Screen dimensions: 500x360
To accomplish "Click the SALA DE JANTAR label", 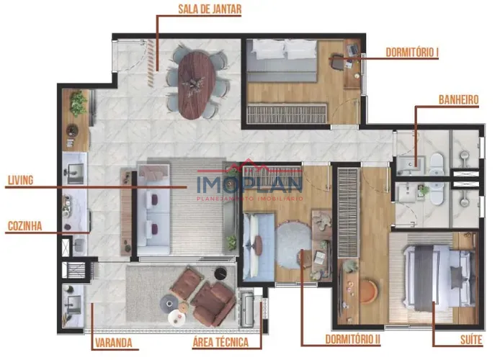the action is [210, 9].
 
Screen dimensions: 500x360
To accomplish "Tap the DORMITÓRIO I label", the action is [412, 53].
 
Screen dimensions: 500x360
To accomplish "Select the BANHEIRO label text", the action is [458, 99].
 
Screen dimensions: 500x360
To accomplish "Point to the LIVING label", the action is [20, 180].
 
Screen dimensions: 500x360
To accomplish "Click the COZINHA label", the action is [25, 226].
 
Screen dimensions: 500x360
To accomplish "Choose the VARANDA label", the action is [114, 343].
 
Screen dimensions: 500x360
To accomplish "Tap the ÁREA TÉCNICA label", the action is [220, 342].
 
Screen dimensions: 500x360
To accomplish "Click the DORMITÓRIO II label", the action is [353, 339].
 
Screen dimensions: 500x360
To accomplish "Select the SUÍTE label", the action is [471, 340].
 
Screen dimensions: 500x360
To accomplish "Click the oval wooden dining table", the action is [196, 85].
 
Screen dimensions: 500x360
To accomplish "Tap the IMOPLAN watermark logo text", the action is [250, 184].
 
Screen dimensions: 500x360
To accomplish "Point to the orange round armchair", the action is [368, 292].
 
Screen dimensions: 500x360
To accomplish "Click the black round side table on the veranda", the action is [220, 274].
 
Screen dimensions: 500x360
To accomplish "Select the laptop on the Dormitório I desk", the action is [352, 49].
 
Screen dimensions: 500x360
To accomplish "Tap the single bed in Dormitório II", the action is [259, 247].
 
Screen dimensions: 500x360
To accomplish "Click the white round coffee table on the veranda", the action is [177, 318].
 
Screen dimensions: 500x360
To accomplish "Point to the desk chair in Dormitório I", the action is [336, 63].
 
